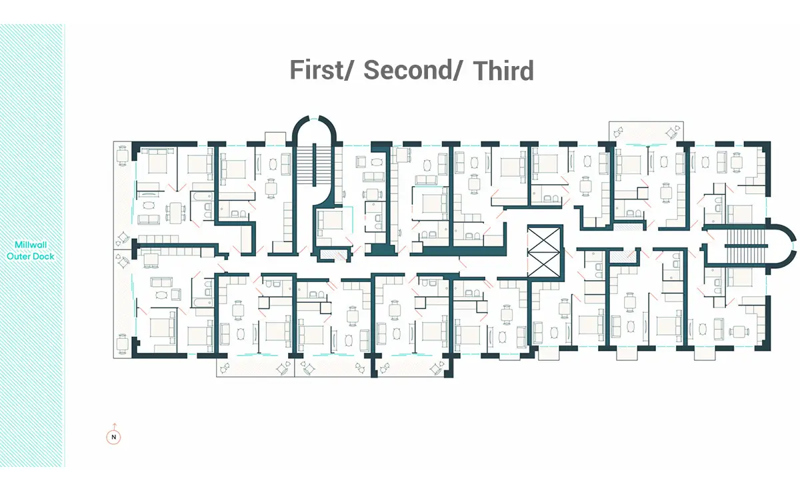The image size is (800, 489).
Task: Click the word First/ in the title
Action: click(321, 70)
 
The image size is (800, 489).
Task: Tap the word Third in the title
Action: click(503, 71)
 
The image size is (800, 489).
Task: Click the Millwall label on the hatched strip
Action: click(31, 245)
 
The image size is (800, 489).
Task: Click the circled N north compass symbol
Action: click(113, 437)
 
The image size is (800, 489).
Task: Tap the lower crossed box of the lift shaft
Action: click(544, 264)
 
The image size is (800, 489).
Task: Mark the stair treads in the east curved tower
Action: click(746, 246)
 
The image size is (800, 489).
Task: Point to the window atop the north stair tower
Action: click(314, 118)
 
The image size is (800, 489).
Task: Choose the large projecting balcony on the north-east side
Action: click(646, 133)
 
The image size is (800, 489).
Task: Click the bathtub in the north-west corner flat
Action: click(202, 196)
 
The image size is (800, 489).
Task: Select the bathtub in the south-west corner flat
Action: click(202, 302)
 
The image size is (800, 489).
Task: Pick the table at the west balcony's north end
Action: click(123, 156)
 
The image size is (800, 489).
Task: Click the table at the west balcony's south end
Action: click(123, 344)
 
